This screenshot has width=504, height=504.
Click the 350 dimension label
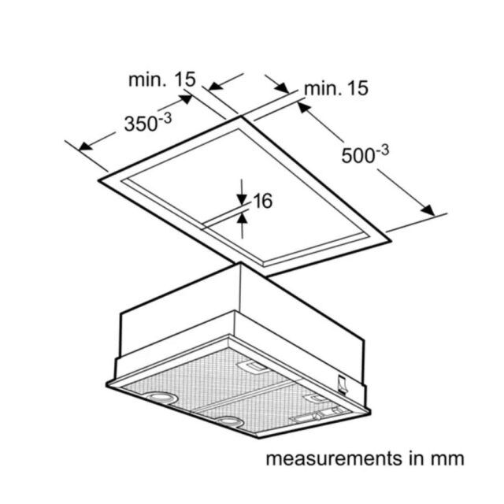(148, 123)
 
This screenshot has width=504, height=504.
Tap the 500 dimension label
(365, 154)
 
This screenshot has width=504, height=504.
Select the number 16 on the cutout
(263, 201)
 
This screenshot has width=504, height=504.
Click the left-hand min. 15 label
(162, 79)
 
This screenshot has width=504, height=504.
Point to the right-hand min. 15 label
(336, 88)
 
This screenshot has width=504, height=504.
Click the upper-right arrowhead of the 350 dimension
(185, 98)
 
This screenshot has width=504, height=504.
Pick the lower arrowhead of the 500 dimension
(428, 210)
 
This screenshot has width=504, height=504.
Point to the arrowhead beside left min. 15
(216, 86)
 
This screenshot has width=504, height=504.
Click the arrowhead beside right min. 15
(282, 87)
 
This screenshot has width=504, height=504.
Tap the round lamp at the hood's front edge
(229, 421)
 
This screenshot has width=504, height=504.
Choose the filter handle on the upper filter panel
(253, 367)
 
